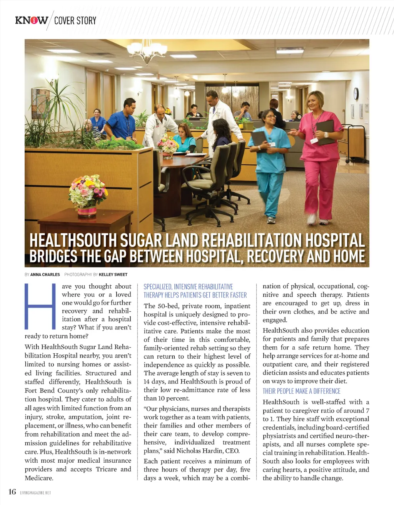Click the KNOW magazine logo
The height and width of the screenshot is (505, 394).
[x=32, y=20]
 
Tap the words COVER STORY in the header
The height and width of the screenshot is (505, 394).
[x=75, y=21]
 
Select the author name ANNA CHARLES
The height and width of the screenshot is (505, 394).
[x=45, y=274]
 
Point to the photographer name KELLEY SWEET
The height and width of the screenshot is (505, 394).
[x=113, y=274]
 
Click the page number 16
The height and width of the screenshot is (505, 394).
[x=12, y=492]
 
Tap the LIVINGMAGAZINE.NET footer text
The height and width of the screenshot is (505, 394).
[x=35, y=493]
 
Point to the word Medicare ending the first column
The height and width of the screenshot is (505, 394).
[x=39, y=478]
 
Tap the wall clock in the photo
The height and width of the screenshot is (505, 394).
[x=356, y=94]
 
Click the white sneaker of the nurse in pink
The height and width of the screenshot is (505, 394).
[x=311, y=219]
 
